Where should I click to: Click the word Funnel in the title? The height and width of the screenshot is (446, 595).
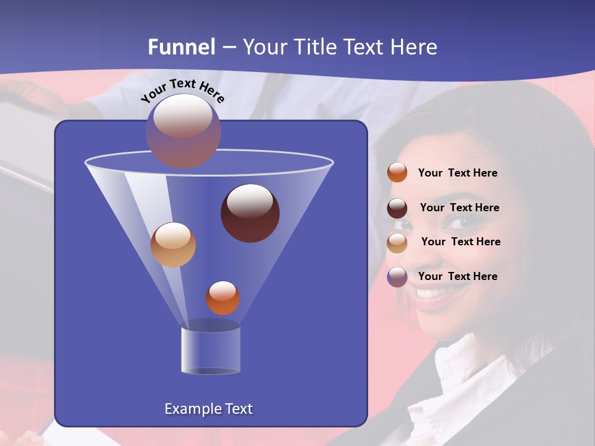pyautogui.click(x=181, y=47)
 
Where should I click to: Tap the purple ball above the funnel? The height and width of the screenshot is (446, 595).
pyautogui.click(x=183, y=131)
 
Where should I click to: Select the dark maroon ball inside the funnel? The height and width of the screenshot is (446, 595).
pyautogui.click(x=250, y=213)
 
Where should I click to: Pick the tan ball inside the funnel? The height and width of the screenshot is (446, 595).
pyautogui.click(x=173, y=245)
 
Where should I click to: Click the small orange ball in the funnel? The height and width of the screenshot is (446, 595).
pyautogui.click(x=223, y=298)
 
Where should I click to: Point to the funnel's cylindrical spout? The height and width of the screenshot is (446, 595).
pyautogui.click(x=210, y=351)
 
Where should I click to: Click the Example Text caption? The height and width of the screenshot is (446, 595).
pyautogui.click(x=208, y=409)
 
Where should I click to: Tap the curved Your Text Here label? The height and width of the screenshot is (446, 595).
pyautogui.click(x=182, y=90)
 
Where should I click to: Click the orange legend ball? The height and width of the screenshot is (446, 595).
pyautogui.click(x=397, y=173)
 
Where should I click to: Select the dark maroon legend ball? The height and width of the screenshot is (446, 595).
pyautogui.click(x=397, y=208)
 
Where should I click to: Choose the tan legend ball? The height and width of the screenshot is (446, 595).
pyautogui.click(x=397, y=242)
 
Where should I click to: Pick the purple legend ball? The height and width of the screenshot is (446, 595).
pyautogui.click(x=397, y=277)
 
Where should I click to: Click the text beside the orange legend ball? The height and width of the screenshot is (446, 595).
pyautogui.click(x=457, y=173)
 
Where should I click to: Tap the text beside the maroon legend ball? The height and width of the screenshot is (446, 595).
pyautogui.click(x=459, y=208)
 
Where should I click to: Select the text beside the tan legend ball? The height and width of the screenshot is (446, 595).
pyautogui.click(x=461, y=242)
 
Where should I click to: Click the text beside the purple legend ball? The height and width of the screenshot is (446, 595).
pyautogui.click(x=457, y=276)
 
